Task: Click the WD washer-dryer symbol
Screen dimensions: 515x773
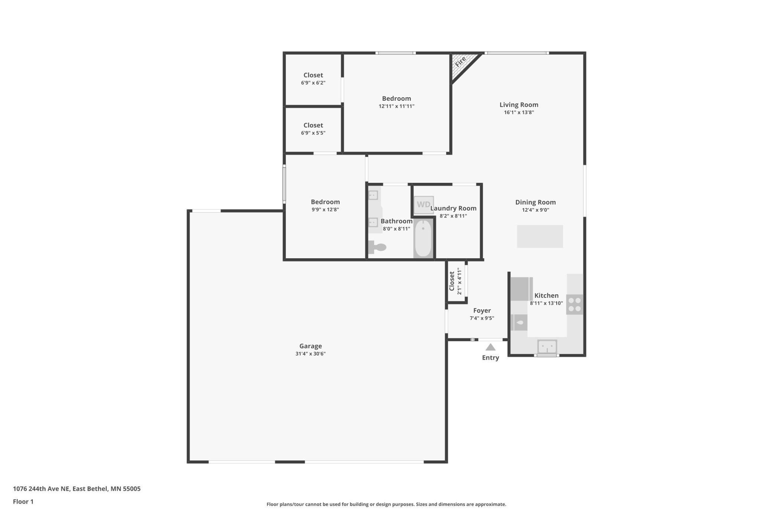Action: click(x=424, y=205)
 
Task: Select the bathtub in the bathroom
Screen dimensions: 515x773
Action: click(x=423, y=238)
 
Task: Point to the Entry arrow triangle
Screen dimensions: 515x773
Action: click(x=490, y=347)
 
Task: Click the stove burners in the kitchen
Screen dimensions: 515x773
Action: click(x=575, y=304)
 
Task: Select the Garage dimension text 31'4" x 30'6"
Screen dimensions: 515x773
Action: click(x=310, y=354)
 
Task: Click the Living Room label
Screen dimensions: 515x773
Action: click(x=518, y=105)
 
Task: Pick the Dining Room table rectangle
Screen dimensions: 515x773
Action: click(x=540, y=236)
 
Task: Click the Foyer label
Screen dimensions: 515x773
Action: click(x=482, y=311)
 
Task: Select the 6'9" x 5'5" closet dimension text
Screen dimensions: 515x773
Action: click(x=313, y=133)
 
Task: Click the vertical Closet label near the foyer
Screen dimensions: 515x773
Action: click(x=452, y=281)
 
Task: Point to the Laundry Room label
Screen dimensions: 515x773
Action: click(x=453, y=208)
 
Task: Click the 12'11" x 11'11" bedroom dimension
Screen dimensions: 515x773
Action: click(x=396, y=106)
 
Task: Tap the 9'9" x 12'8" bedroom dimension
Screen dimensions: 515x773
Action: click(x=325, y=210)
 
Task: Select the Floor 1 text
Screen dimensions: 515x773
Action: click(x=23, y=502)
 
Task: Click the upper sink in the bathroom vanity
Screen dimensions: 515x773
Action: click(x=373, y=195)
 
